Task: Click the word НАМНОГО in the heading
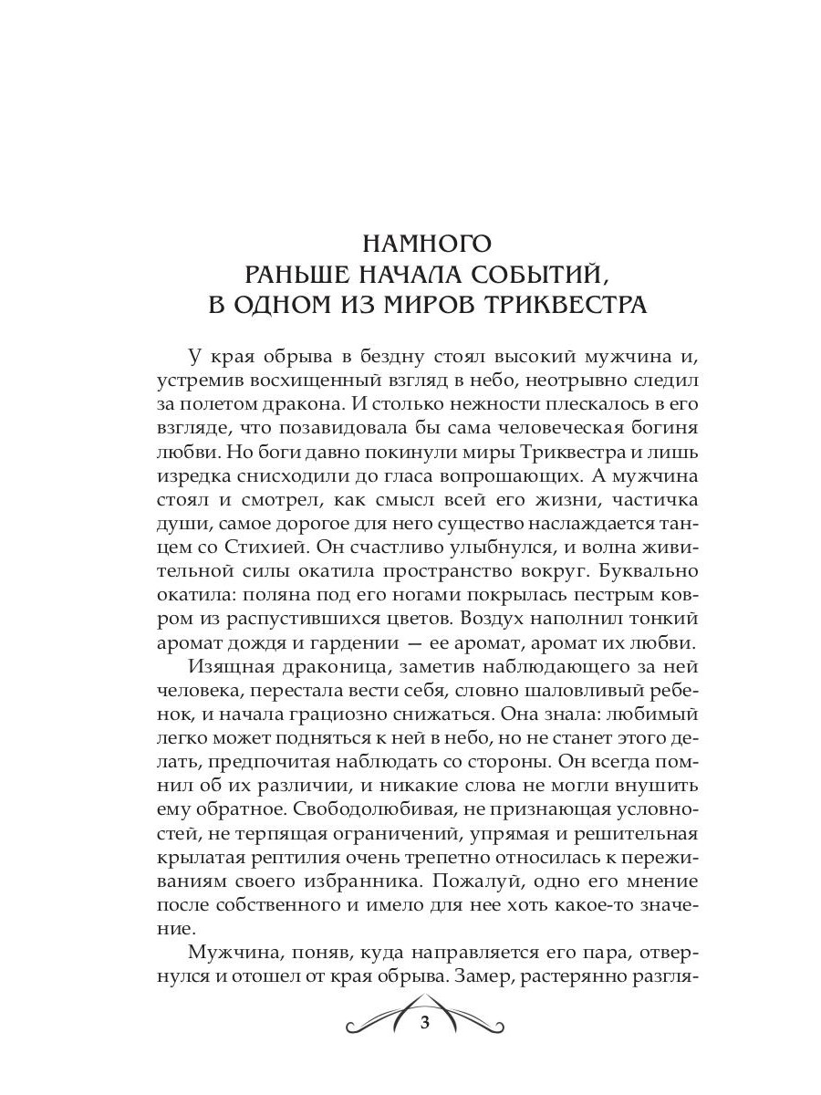coord(427,245)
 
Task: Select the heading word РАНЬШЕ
coord(305,274)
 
